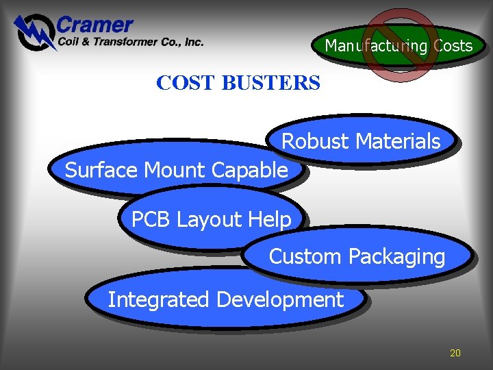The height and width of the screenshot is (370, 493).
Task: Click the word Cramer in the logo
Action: click(x=94, y=26)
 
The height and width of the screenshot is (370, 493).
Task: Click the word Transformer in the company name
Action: click(x=127, y=42)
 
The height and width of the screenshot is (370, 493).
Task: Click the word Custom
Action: click(x=305, y=257)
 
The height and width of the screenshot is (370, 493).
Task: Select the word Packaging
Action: click(x=396, y=257)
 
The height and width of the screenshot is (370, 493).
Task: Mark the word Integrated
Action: click(x=159, y=299)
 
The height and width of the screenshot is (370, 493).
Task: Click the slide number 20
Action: click(x=455, y=353)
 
